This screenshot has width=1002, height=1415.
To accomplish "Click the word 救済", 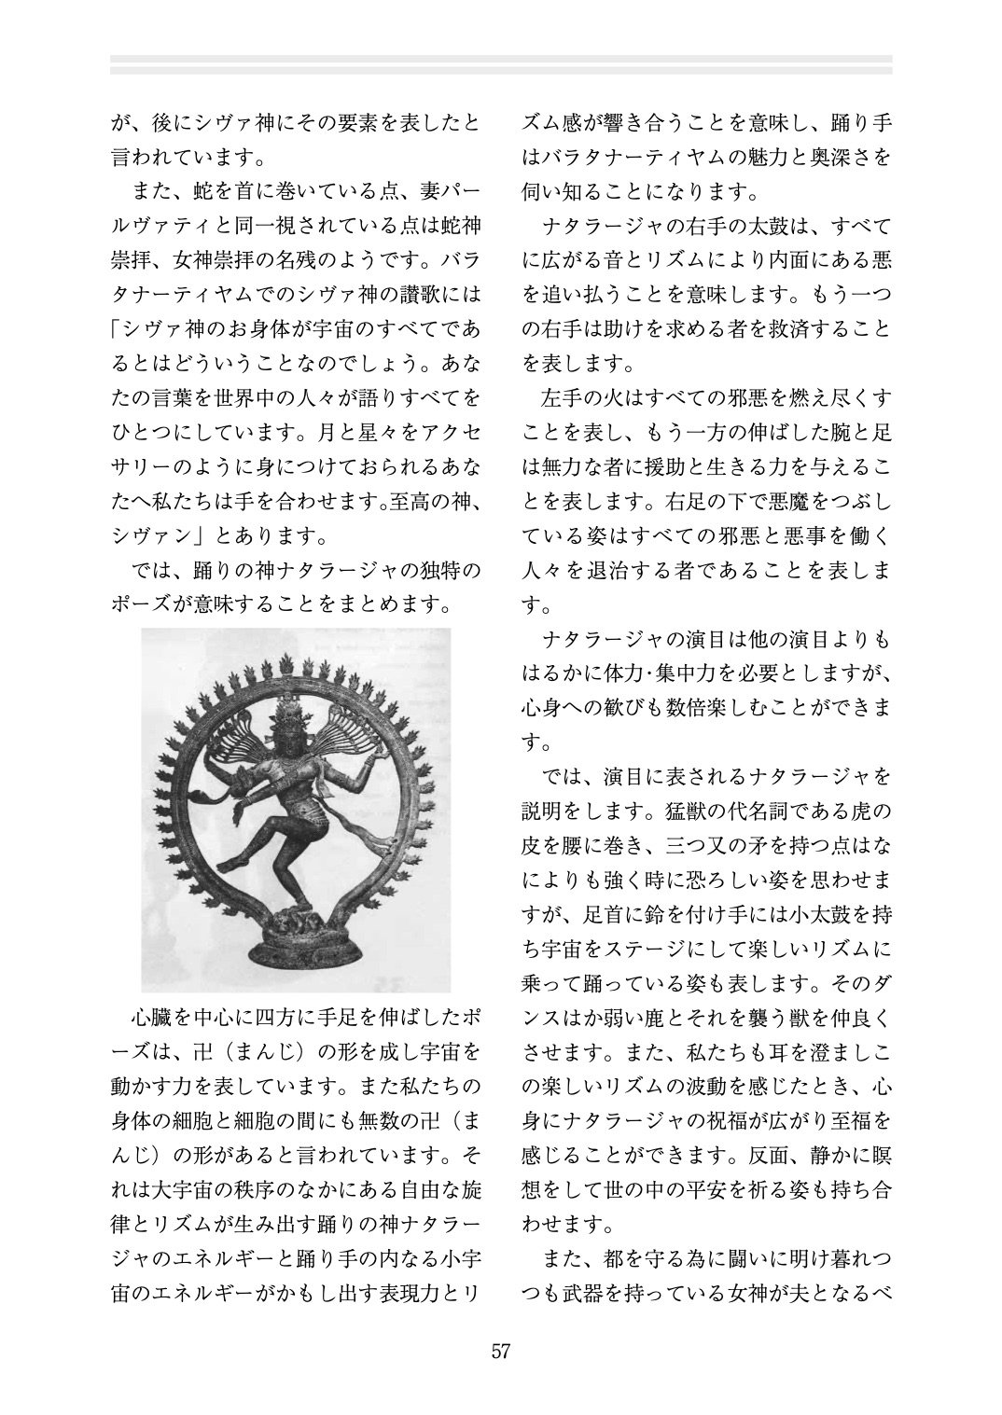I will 803,329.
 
